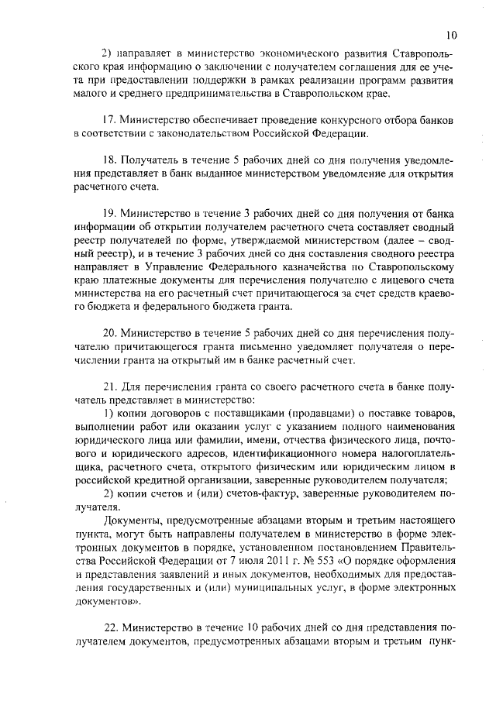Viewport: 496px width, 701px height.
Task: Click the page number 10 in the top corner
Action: [453, 35]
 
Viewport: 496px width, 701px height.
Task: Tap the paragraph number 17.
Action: [110, 122]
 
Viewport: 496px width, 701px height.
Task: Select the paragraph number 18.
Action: [110, 160]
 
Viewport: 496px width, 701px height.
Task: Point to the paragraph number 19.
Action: [110, 213]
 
